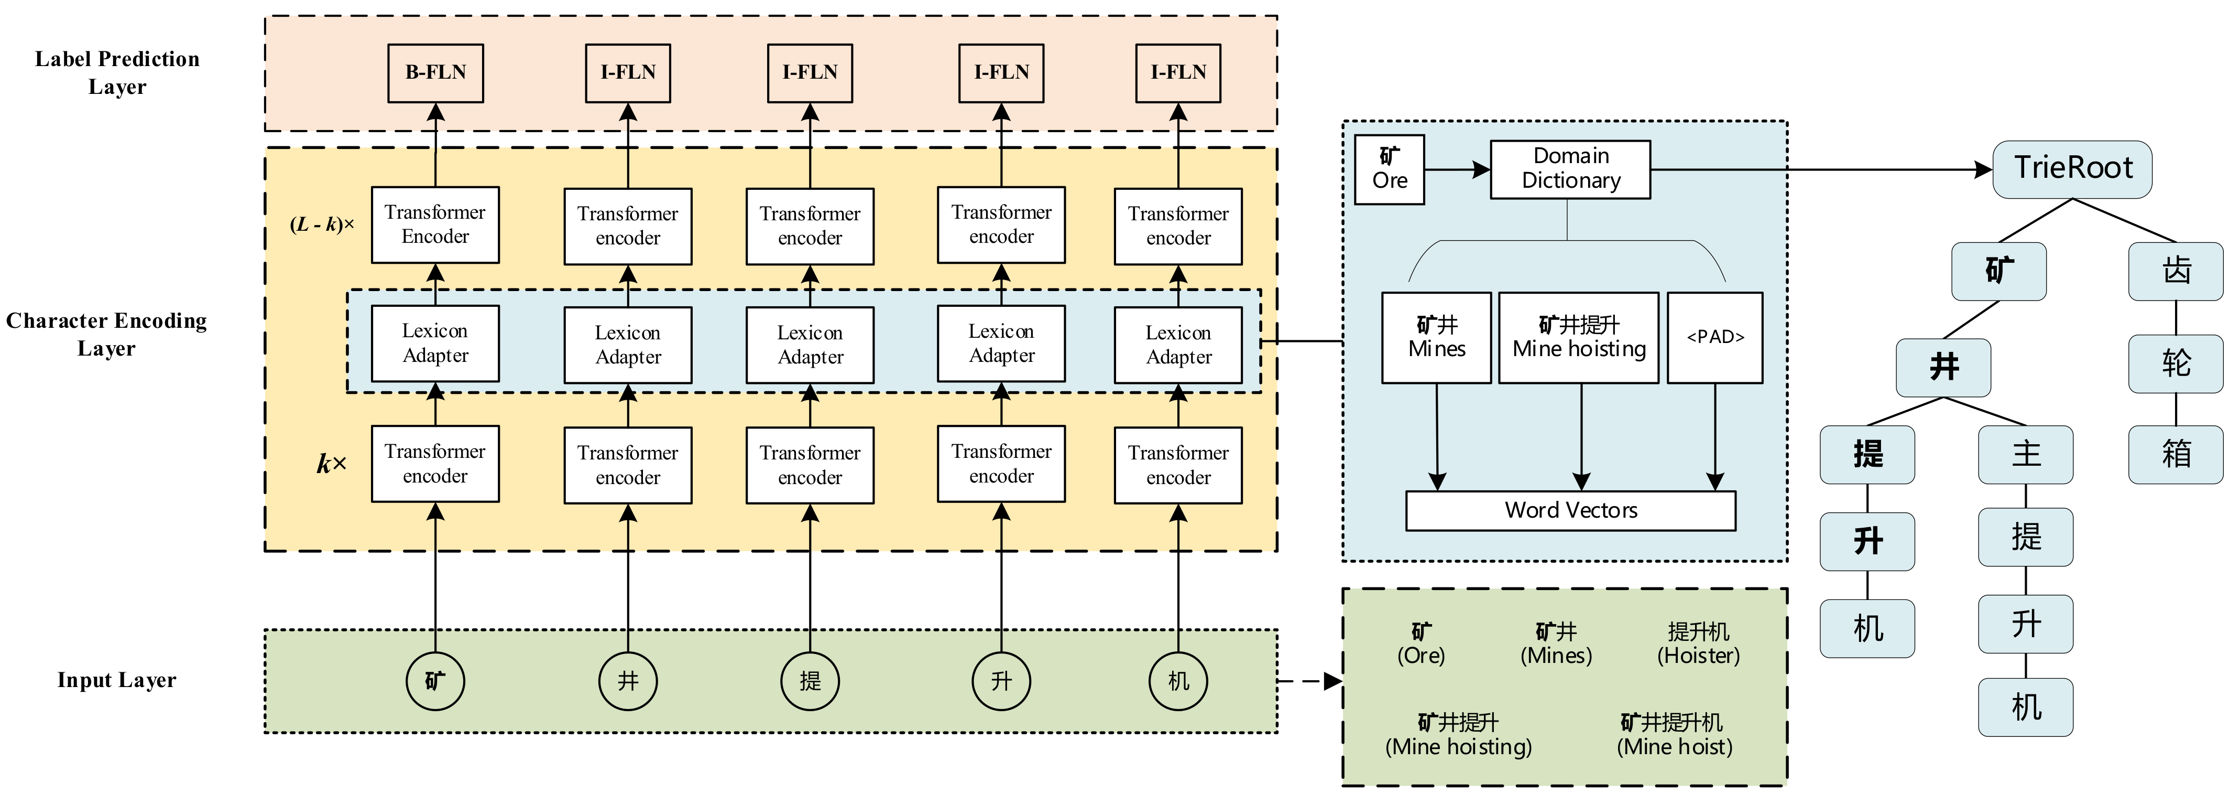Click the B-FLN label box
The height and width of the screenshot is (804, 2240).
point(435,73)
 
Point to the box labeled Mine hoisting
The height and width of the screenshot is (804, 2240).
point(1579,338)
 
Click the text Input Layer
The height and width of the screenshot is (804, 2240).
point(116,680)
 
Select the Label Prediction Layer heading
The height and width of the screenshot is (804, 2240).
point(116,73)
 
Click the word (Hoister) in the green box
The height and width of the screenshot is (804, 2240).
point(1698,656)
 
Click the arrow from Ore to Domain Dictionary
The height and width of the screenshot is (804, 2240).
point(1457,169)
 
